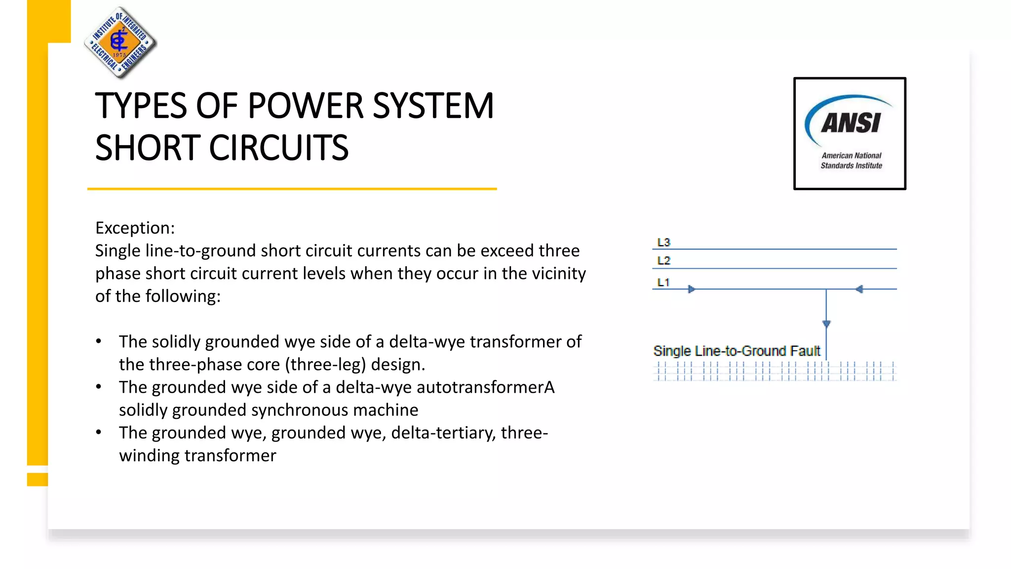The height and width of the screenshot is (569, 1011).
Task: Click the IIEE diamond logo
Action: click(x=120, y=42)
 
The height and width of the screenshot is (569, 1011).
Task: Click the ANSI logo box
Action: click(x=850, y=133)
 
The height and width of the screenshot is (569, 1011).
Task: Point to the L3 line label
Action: click(x=663, y=243)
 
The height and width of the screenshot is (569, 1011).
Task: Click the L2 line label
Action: click(x=663, y=261)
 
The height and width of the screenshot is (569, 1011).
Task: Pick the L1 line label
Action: click(x=663, y=283)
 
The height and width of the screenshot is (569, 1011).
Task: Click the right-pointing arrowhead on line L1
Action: click(x=692, y=289)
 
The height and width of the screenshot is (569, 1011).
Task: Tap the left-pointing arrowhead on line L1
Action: click(x=859, y=289)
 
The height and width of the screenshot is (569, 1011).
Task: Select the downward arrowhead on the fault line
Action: click(x=826, y=324)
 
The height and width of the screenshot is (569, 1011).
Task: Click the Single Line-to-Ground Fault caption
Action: click(x=736, y=351)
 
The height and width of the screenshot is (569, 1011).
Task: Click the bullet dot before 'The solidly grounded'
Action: click(x=99, y=341)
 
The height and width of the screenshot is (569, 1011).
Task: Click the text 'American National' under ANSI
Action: click(x=851, y=156)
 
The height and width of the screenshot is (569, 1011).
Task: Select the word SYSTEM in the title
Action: click(x=433, y=106)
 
